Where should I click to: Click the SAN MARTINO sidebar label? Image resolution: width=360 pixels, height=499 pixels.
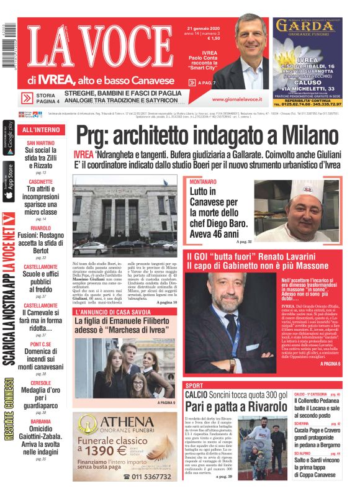[x=40, y=143]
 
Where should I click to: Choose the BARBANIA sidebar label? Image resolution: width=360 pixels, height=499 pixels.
[x=40, y=421]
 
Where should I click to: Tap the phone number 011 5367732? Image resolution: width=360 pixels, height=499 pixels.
[x=151, y=475]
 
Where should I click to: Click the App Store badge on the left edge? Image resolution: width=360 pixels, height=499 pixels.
[x=9, y=181]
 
